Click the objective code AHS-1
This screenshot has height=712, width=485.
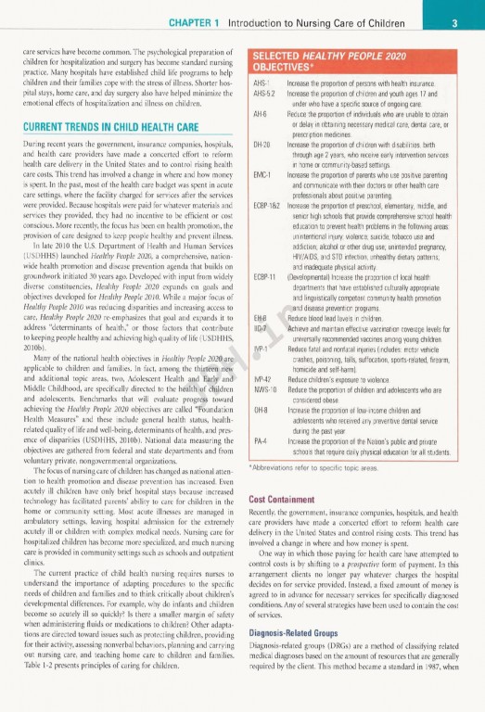pyautogui.click(x=261, y=83)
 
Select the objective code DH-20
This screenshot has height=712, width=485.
pyautogui.click(x=262, y=146)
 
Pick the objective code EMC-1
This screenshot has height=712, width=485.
pyautogui.click(x=262, y=173)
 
